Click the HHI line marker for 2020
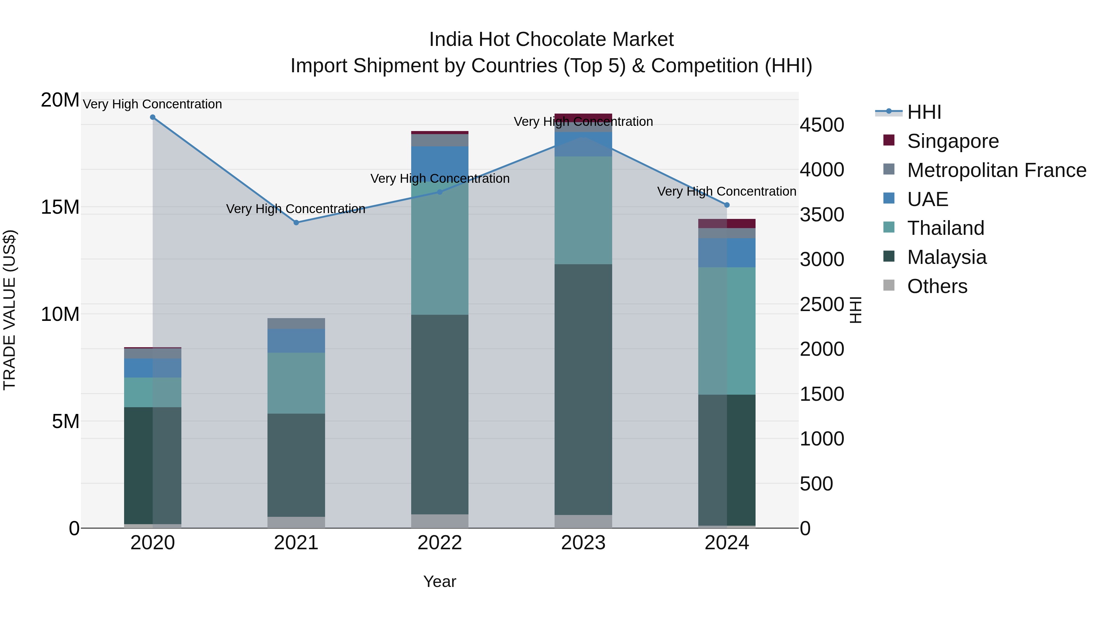[153, 117]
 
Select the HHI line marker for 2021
[296, 223]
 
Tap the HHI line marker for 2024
[727, 205]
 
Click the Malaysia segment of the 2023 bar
[583, 389]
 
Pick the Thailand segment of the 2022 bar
[440, 248]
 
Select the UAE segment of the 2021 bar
[296, 340]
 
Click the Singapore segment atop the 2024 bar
[727, 224]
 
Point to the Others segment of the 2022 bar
[440, 521]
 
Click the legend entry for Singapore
[952, 141]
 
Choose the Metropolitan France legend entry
[996, 170]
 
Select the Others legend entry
[937, 286]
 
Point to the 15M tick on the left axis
[60, 207]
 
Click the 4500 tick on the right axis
[822, 125]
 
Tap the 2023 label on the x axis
[583, 543]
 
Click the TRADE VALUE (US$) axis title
[9, 310]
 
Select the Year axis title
[440, 581]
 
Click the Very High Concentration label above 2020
[153, 104]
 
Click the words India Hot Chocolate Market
[551, 39]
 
